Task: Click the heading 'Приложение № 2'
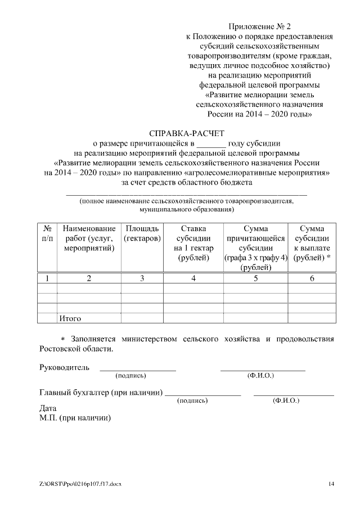coord(260,26)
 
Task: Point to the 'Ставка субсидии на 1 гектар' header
coord(193,243)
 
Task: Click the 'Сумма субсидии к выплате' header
coord(312,243)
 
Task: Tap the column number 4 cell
coord(193,278)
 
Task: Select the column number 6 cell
coord(312,278)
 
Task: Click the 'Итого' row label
coord(70,318)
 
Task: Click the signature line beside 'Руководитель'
coord(138,370)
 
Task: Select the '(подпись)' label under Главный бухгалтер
coord(192,400)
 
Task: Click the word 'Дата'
coord(49,408)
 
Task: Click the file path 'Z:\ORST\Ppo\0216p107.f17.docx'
coord(80,484)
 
